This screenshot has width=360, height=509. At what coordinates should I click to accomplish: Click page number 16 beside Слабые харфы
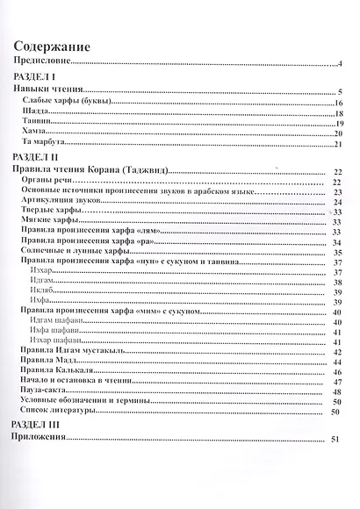click(x=337, y=104)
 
